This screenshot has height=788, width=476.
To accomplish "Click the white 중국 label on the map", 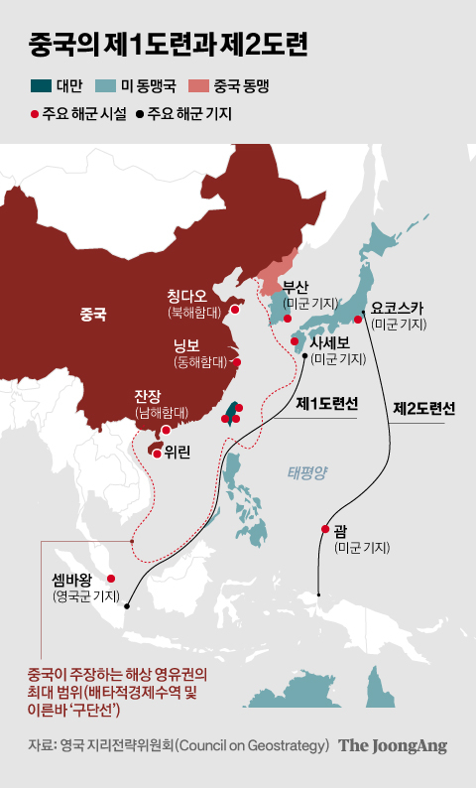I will tap(92, 314).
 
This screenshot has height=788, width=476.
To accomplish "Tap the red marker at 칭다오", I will tap(235, 310).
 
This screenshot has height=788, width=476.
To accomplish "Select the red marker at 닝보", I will tap(238, 362).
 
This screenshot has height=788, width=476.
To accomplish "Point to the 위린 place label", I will tap(178, 453).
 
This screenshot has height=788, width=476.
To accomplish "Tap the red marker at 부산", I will tap(287, 319).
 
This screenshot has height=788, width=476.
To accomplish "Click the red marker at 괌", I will tap(325, 529).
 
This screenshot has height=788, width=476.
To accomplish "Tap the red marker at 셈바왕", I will tap(112, 580).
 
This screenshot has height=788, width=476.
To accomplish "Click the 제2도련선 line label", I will tap(423, 407).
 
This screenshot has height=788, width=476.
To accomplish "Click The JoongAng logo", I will tap(393, 744).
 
